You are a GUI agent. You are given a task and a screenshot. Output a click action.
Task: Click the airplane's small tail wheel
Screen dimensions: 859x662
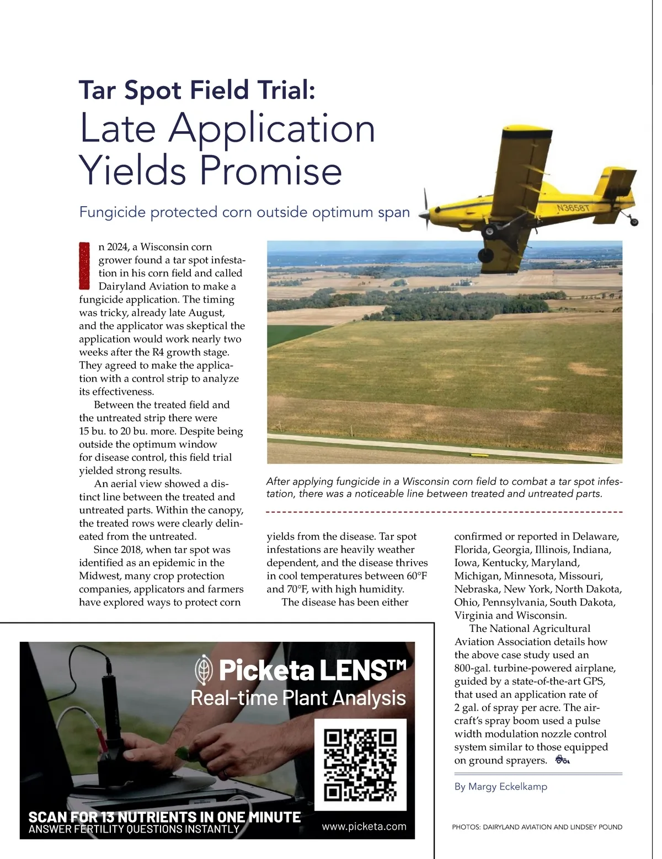(634, 222)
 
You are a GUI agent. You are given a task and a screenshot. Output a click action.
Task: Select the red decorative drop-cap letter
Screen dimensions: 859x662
(84, 266)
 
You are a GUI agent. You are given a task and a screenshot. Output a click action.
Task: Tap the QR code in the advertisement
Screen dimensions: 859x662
(360, 765)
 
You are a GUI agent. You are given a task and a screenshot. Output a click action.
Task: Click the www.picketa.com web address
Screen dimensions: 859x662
(364, 826)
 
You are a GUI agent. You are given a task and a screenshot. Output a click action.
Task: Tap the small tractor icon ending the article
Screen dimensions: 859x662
(562, 760)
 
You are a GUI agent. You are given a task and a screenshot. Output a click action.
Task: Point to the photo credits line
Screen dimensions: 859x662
(537, 827)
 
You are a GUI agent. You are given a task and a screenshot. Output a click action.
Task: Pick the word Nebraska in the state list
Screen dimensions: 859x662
(477, 589)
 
